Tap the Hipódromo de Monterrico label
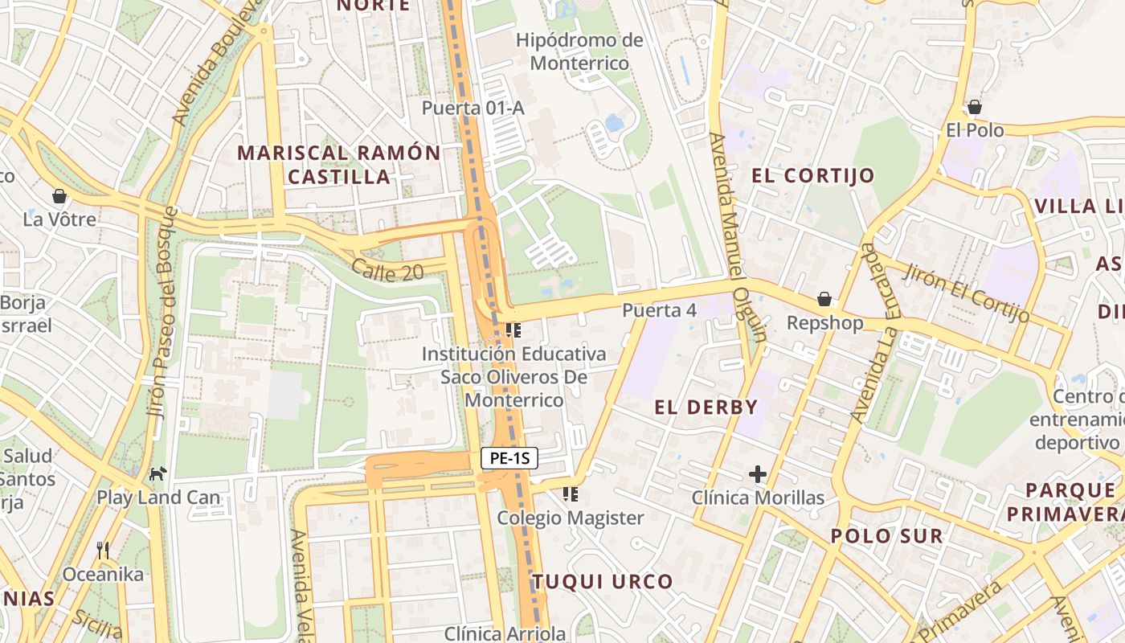(579, 51)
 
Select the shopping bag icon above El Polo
(975, 106)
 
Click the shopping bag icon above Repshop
(824, 299)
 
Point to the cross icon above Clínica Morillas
(757, 474)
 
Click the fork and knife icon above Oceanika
(103, 551)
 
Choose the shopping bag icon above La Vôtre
(59, 195)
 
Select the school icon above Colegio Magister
(571, 494)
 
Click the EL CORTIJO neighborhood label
(812, 176)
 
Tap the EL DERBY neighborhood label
(706, 408)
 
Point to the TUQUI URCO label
(602, 582)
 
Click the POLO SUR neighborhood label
(887, 536)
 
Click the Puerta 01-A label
(473, 108)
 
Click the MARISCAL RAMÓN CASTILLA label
(339, 165)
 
